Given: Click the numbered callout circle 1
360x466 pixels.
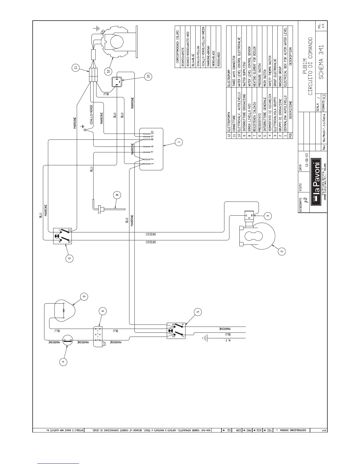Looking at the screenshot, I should (179, 142).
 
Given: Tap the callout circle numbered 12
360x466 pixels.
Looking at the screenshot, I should (108, 71).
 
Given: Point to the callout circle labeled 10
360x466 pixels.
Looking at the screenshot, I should (148, 76).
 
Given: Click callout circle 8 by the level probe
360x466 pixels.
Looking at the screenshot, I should (117, 195).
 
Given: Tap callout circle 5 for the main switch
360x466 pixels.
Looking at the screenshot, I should (198, 312).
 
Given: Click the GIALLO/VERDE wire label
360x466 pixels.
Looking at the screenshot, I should (91, 114).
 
